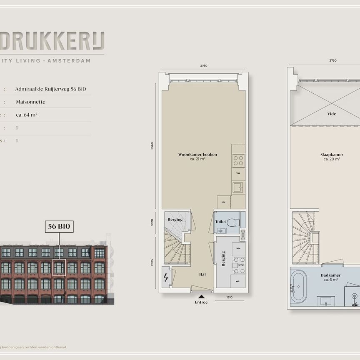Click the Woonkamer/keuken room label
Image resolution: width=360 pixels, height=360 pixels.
(197, 155)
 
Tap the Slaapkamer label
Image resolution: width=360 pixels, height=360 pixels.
(332, 155)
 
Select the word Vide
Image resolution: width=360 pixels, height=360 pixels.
(332, 114)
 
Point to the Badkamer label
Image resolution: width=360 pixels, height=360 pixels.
(331, 275)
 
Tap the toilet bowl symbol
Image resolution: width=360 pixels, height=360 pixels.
(232, 222)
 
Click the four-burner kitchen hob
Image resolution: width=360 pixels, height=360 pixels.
(238, 160)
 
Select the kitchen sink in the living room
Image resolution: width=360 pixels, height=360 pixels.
(238, 187)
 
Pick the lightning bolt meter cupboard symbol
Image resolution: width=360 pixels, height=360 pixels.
(166, 277)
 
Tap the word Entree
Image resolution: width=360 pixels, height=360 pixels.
(201, 302)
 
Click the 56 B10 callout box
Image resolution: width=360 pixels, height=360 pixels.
(59, 227)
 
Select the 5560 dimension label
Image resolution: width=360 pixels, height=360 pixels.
(152, 146)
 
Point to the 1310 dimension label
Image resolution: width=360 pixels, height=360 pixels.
(229, 297)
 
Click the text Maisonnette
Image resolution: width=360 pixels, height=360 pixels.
(30, 102)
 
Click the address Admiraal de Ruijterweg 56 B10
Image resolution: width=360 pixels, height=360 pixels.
(50, 89)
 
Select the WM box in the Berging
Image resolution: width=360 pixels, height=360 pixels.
(238, 249)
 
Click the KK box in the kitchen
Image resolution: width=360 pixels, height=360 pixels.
(224, 202)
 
